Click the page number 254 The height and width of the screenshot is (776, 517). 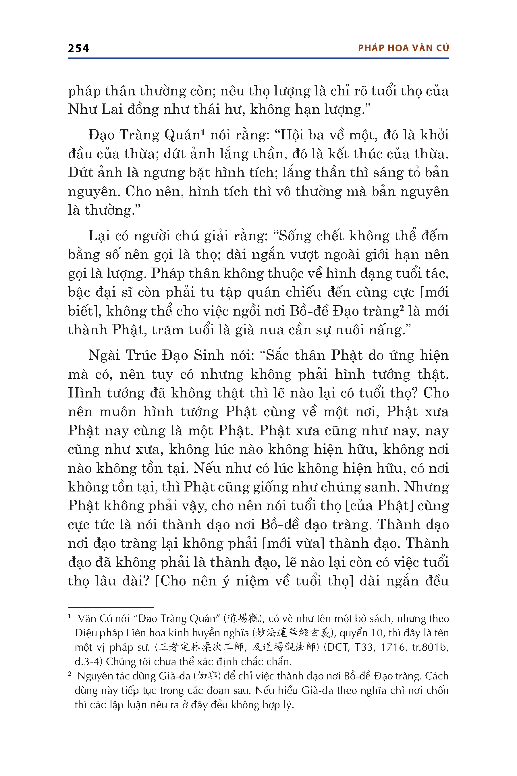click(78, 49)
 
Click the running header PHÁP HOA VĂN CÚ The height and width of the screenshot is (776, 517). click(403, 48)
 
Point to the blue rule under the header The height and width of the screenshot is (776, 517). click(258, 58)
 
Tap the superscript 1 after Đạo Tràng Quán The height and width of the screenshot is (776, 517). click(203, 132)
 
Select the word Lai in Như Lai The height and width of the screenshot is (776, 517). click(112, 109)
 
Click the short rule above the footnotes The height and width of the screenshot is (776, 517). click(111, 607)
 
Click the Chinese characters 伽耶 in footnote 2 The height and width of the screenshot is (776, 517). click(207, 676)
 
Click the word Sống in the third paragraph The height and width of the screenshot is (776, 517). click(295, 236)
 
